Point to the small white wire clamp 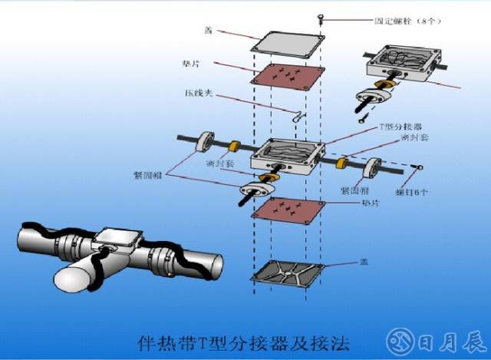pyautogui.click(x=298, y=115)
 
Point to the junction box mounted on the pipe pyautogui.click(x=120, y=240)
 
